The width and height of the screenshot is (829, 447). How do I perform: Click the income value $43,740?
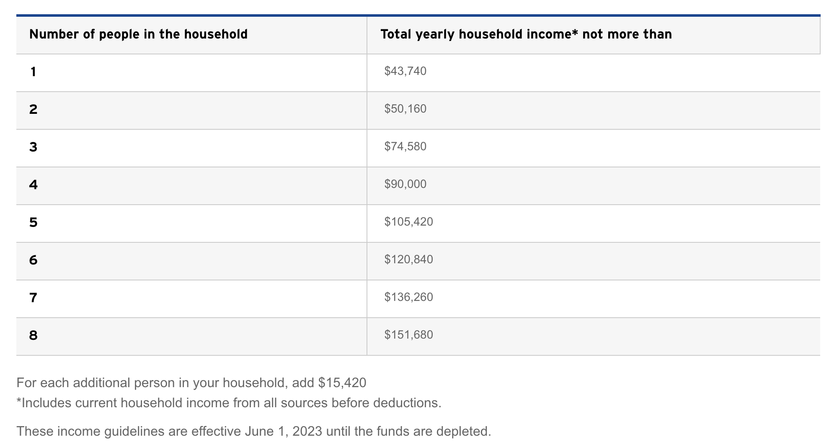pos(405,71)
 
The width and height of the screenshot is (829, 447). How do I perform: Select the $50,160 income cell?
pos(405,109)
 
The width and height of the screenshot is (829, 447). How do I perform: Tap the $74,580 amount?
pos(405,146)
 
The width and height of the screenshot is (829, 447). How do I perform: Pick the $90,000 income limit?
pos(405,184)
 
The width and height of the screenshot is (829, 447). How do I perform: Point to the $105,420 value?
pos(408,222)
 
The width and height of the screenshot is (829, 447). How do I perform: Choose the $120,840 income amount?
pos(408,259)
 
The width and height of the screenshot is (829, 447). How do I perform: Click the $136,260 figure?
pos(408,297)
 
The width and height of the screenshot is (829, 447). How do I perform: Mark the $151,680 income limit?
pos(408,335)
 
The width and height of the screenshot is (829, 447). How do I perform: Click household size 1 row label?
pos(33,72)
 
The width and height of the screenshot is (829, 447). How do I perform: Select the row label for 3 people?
pos(33,147)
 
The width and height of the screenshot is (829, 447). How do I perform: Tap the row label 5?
pos(33,222)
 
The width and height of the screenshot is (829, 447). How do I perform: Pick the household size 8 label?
pos(33,335)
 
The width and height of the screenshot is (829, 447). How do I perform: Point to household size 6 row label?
pos(33,260)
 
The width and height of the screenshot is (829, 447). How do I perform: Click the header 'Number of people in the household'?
pos(138,34)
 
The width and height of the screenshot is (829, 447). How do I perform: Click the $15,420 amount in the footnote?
pos(342,383)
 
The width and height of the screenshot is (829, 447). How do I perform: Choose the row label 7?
pos(33,298)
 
